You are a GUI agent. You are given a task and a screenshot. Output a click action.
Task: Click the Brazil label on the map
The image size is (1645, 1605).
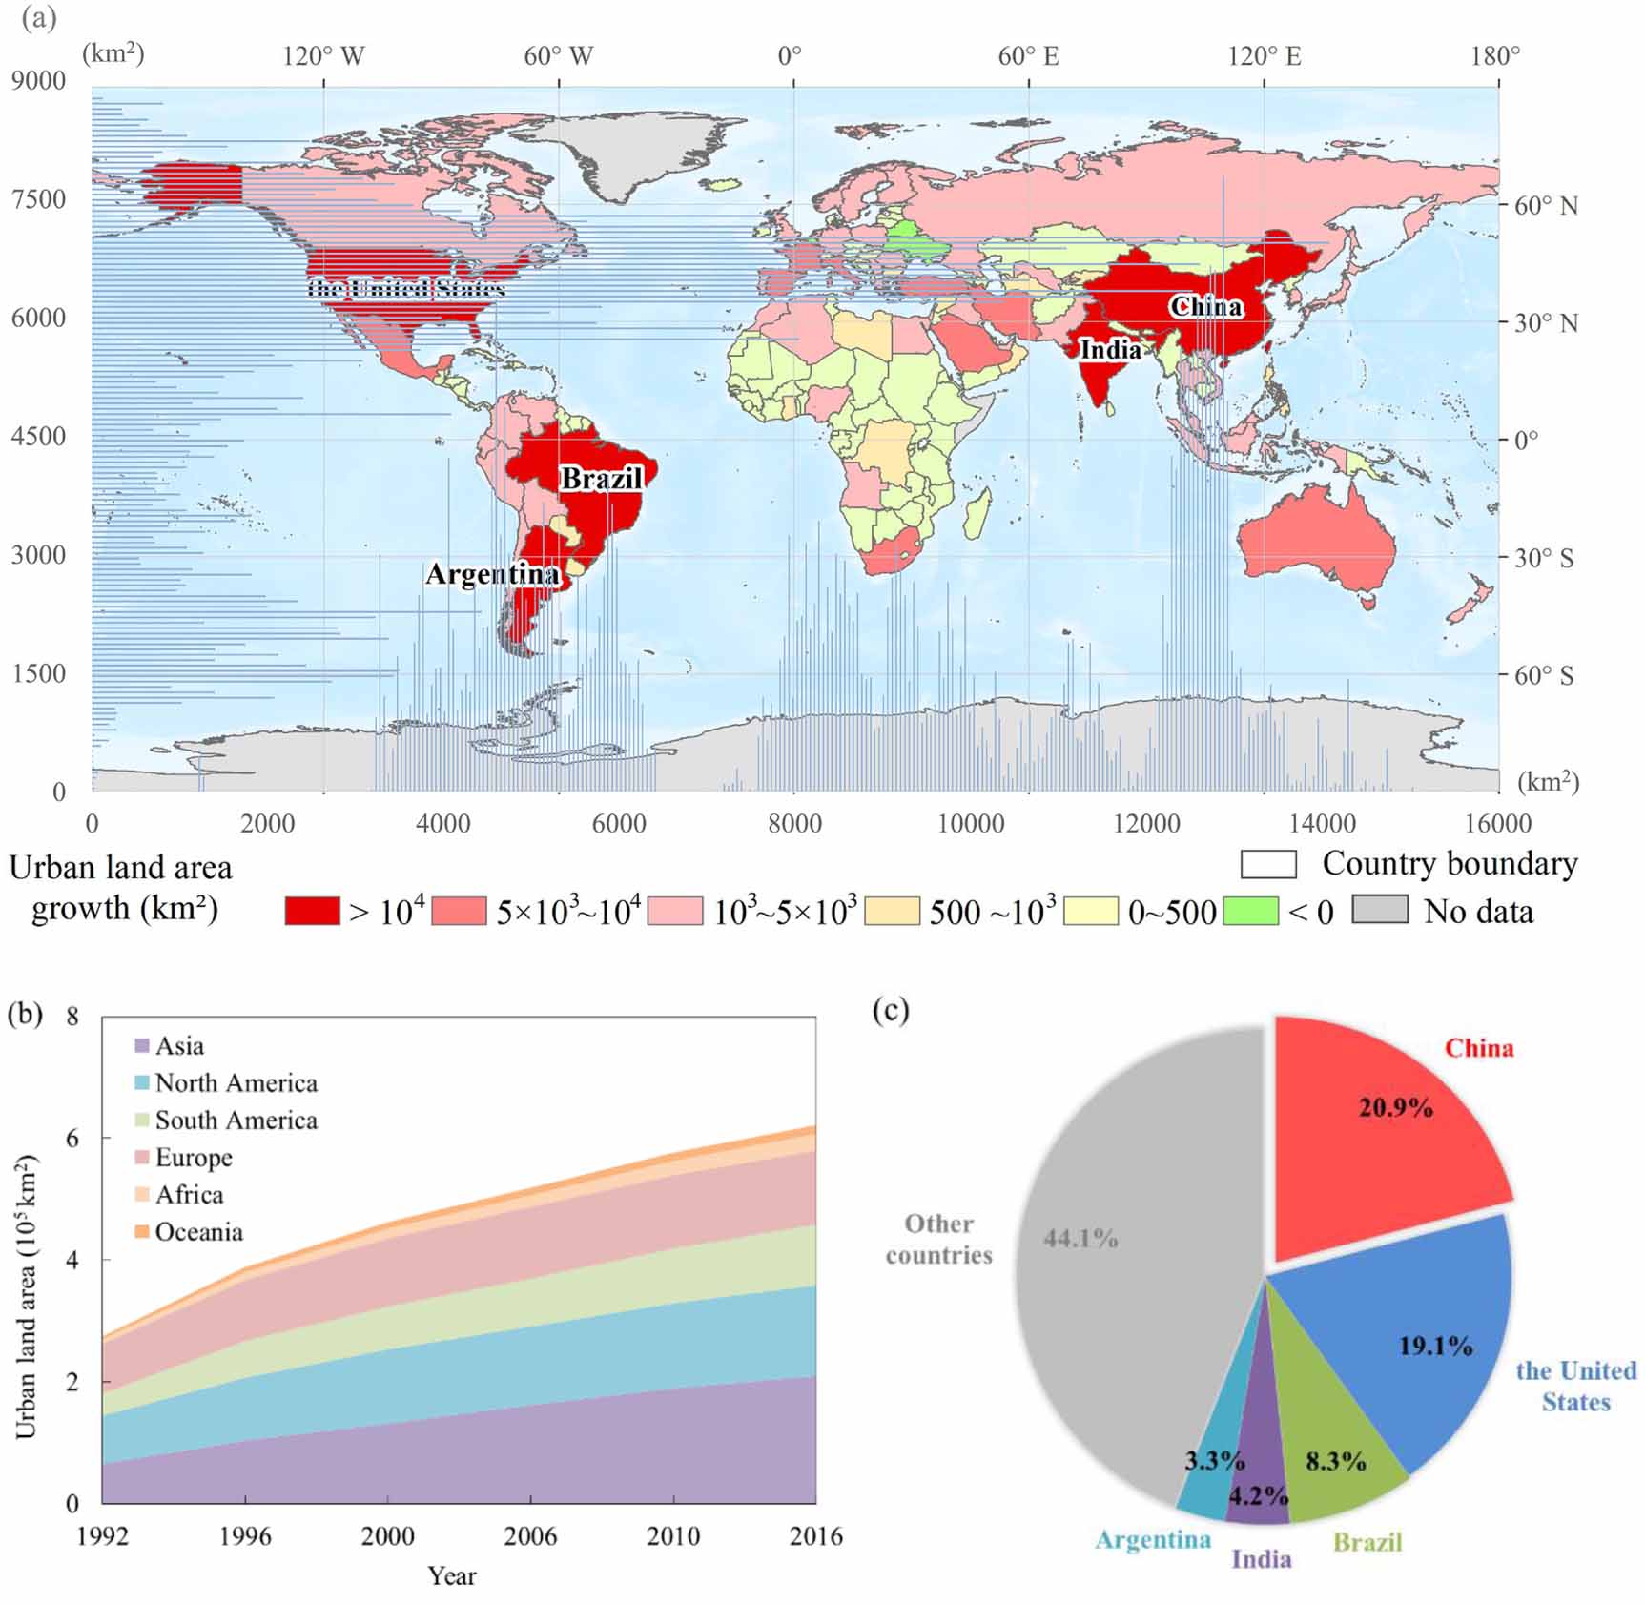coord(601,478)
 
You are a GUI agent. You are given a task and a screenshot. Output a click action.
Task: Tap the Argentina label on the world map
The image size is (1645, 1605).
coord(492,574)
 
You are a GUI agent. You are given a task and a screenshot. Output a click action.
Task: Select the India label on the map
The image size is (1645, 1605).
coord(1110,350)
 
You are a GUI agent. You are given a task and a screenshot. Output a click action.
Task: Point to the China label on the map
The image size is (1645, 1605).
coord(1206,306)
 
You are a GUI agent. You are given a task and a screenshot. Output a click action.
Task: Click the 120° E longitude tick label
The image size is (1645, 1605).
coord(1265,56)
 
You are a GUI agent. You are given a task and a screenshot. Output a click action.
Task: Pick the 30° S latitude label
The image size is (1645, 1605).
coord(1544,558)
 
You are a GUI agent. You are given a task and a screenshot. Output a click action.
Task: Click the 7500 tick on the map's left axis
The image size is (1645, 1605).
coord(38,199)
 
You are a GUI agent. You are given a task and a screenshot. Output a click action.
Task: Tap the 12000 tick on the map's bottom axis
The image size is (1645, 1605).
coord(1146,824)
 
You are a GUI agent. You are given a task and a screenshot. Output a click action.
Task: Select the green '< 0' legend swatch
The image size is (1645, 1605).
coord(1249,911)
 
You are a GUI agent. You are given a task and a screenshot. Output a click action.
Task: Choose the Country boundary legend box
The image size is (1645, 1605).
coord(1268,864)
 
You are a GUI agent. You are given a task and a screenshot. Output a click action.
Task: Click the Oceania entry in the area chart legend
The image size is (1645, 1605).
coord(198,1232)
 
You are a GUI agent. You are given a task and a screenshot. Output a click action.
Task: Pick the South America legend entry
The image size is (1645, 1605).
coord(236,1121)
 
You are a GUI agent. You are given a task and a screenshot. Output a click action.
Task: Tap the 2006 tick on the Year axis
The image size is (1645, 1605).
coord(530,1536)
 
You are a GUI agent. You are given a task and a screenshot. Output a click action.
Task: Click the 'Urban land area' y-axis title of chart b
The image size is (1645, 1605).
coord(26,1297)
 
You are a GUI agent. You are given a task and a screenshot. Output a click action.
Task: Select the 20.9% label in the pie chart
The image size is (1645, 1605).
coord(1395,1107)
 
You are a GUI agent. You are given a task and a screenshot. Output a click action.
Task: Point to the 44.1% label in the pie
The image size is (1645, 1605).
coord(1080,1239)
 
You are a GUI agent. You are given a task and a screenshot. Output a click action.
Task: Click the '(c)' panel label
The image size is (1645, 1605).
coord(891,1010)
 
